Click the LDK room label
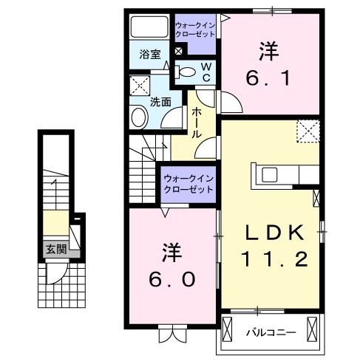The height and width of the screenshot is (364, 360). pos(275,233)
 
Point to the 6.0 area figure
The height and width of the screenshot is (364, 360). pos(172,279)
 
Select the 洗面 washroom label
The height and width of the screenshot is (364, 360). pos(160,103)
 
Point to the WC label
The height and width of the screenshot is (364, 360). pos(206,72)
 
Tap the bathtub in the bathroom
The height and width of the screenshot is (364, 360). pos(150,28)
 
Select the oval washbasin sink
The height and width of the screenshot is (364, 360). pos(138,117)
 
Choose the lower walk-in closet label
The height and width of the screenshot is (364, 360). pos(189,182)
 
